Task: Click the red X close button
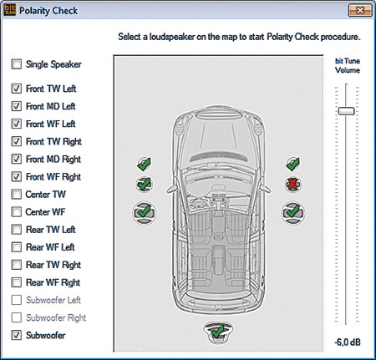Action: (360, 11)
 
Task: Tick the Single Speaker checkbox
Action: (17, 64)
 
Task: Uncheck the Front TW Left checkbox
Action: (17, 89)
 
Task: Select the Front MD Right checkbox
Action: (17, 159)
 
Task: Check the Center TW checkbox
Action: (17, 195)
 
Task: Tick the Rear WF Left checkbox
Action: (17, 247)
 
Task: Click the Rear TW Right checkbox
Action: (17, 265)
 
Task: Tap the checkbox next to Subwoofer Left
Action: (17, 300)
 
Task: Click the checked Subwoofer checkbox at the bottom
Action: (17, 335)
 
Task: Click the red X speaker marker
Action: (292, 184)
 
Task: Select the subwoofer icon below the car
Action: (218, 332)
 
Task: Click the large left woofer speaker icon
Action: (144, 213)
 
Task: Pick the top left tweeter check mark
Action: (144, 164)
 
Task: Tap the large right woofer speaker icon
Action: (292, 213)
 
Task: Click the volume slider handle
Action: (346, 111)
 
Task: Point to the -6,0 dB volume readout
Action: (348, 342)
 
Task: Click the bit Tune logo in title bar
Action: (10, 10)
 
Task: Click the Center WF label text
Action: (45, 212)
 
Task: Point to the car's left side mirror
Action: (170, 189)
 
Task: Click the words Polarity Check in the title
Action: (48, 11)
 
